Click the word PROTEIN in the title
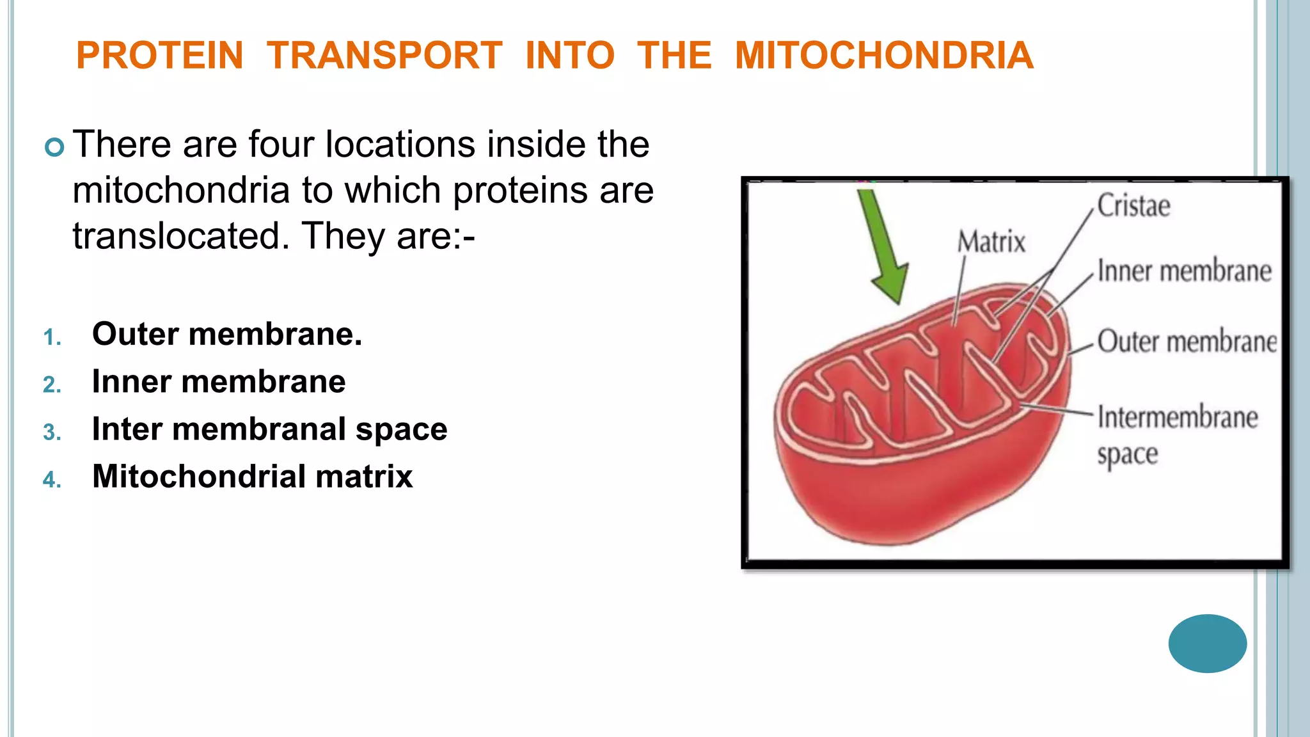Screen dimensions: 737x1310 160,56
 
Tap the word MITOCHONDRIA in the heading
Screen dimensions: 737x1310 884,56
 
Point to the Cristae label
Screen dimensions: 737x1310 1133,206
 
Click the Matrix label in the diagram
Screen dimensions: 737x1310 991,242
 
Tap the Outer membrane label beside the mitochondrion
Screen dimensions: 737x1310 1187,342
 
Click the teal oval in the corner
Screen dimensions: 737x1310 1207,643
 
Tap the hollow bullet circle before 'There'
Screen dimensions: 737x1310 55,148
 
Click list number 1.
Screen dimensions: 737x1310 52,338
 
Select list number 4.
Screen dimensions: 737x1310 52,480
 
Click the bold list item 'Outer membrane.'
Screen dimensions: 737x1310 227,334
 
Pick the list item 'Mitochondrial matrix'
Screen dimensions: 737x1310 253,477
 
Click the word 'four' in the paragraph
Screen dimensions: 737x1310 281,144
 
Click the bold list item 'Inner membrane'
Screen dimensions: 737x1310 219,381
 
